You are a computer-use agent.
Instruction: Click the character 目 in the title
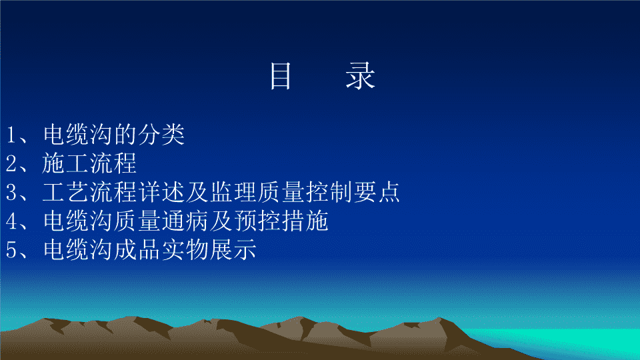click(281, 76)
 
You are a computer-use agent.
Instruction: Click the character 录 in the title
click(360, 76)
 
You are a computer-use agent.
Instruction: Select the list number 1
click(11, 135)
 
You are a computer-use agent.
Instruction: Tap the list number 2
click(11, 163)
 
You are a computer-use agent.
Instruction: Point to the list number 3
click(11, 192)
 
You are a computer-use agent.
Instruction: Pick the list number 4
click(11, 221)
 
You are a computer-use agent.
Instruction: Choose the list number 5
click(11, 250)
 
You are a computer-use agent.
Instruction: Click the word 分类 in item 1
click(161, 134)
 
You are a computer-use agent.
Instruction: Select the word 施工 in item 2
click(66, 163)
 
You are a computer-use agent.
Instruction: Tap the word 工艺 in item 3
click(66, 192)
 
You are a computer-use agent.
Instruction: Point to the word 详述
click(161, 192)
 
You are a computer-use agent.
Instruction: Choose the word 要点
click(376, 192)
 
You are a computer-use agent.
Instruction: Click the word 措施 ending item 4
click(305, 221)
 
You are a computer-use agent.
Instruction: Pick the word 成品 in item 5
click(137, 249)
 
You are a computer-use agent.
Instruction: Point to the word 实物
click(185, 249)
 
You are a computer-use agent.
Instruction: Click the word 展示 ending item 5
click(233, 249)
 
